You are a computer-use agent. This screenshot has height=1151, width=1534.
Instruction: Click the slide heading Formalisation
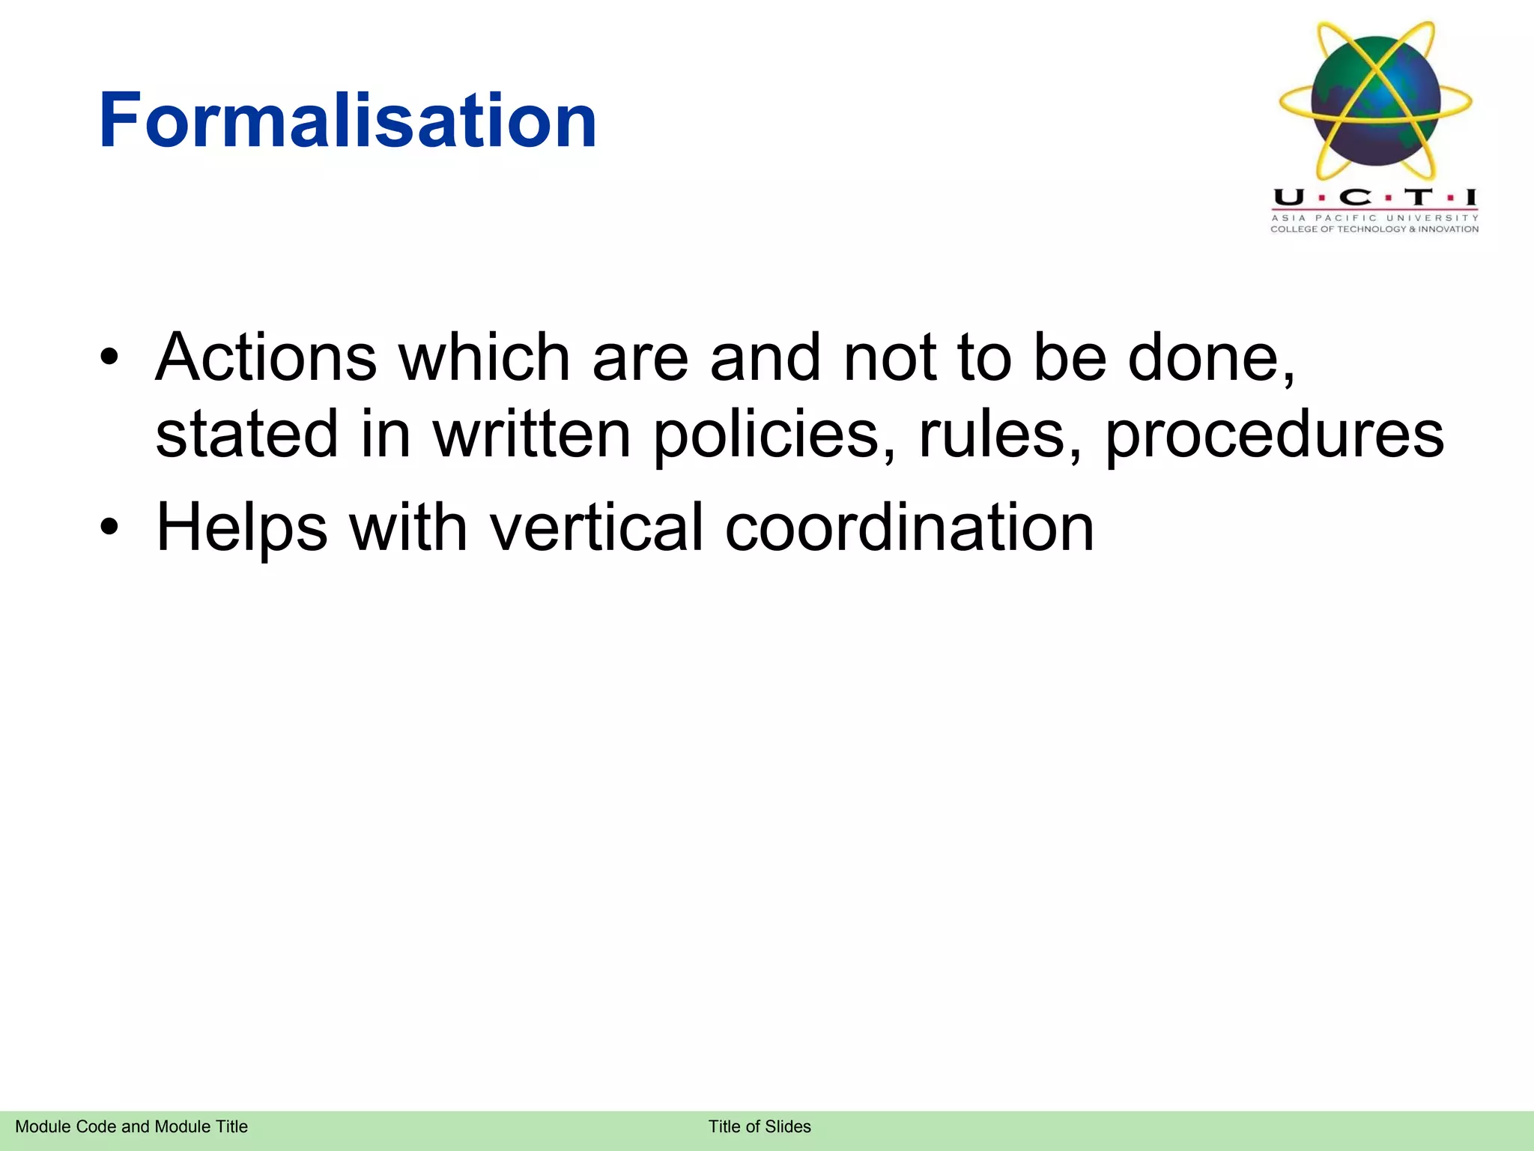click(x=348, y=120)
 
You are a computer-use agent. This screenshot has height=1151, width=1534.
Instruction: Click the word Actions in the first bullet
click(x=266, y=357)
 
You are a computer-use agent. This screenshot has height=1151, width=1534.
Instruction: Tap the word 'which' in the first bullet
click(x=484, y=357)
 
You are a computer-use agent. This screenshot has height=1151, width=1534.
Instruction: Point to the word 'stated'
click(x=246, y=435)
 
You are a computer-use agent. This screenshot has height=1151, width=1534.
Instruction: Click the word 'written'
click(x=532, y=435)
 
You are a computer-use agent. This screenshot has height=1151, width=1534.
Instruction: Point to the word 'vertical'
click(x=596, y=528)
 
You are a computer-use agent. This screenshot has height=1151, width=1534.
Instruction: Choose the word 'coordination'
click(x=909, y=528)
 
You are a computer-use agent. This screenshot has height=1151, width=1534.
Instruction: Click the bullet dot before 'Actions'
click(x=109, y=358)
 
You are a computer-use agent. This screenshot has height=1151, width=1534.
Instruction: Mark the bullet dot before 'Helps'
click(x=109, y=528)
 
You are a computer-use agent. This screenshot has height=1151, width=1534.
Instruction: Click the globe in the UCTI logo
click(x=1375, y=100)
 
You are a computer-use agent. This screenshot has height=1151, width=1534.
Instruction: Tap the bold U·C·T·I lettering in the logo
click(x=1375, y=198)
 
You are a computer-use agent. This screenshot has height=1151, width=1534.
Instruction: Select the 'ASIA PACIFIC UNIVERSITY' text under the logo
click(x=1375, y=218)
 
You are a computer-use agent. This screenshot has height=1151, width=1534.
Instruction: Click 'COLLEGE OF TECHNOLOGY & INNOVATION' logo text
click(x=1374, y=229)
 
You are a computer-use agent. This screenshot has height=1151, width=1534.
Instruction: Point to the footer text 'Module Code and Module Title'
click(x=131, y=1126)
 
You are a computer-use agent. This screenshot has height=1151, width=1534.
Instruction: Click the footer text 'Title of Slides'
click(x=760, y=1126)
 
